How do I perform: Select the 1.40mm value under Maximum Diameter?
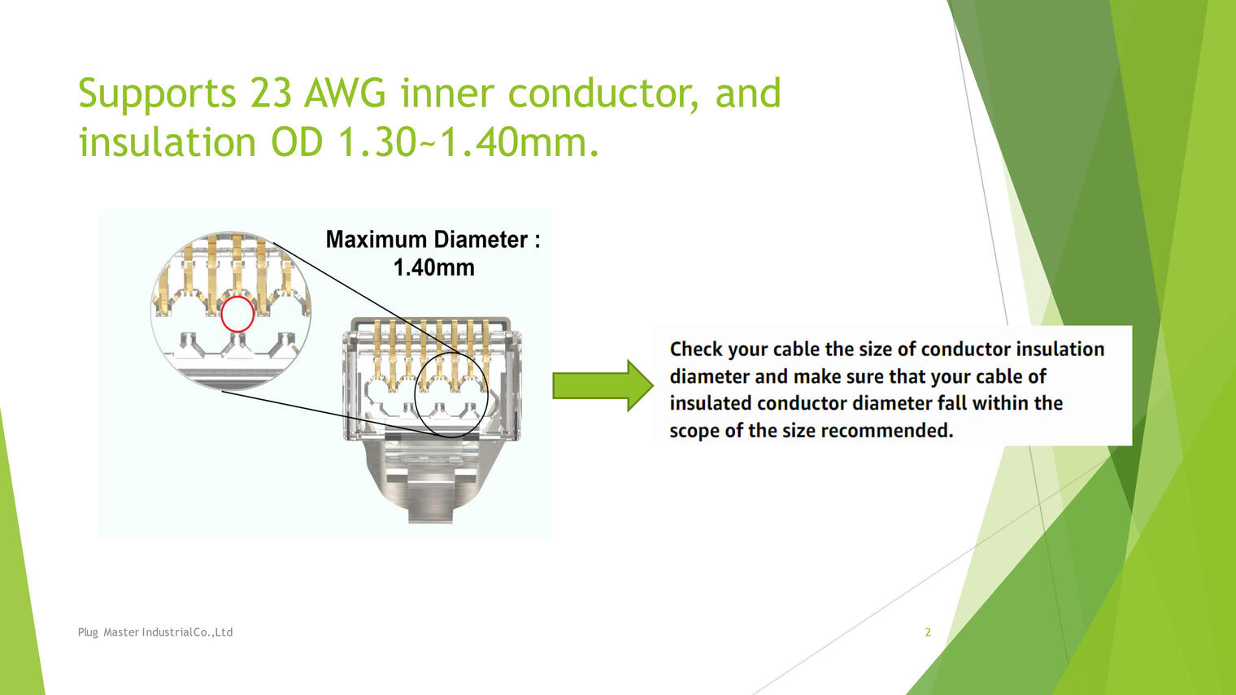click(x=433, y=267)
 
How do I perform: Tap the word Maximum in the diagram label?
click(x=376, y=239)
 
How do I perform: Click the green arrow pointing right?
click(x=603, y=385)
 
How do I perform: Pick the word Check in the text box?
click(x=696, y=350)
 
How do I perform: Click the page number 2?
click(x=928, y=632)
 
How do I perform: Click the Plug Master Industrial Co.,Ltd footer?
click(x=155, y=632)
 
